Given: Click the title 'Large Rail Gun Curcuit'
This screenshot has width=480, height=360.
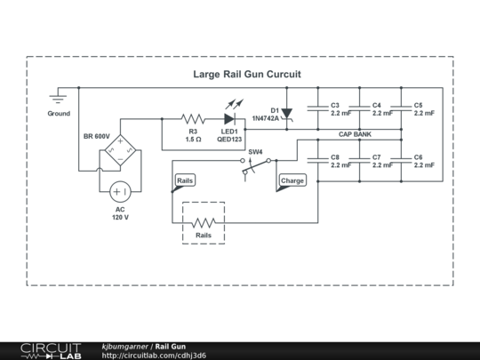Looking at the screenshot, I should coord(247,75).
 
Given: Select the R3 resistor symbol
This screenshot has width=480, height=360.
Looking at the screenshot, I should coord(193,118).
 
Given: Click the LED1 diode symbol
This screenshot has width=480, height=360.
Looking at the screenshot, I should coord(230,118).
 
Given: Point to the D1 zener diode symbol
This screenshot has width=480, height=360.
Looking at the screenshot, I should coord(286,113).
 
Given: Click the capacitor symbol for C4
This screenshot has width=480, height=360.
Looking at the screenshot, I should coord(359,108).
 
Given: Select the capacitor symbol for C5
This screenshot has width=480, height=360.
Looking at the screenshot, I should coord(401,108).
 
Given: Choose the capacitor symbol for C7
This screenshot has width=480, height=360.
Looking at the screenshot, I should coord(359,160).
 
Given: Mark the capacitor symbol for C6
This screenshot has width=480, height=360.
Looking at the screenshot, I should coord(401,160).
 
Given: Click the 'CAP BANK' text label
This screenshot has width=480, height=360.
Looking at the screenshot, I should coord(355,134).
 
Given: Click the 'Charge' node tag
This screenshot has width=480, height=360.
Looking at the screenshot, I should coord(292,180).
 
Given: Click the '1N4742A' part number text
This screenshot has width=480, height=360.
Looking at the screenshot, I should coord(265,117).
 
